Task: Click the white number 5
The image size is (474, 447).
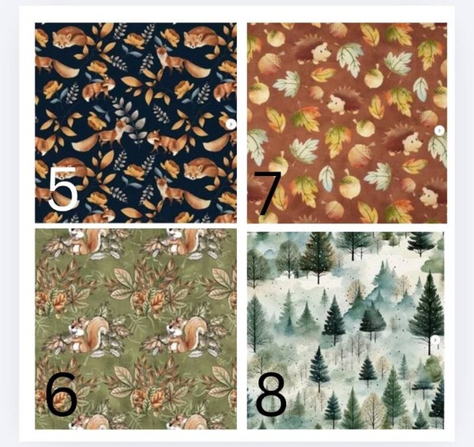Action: (x=63, y=188)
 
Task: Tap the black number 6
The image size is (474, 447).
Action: (x=62, y=394)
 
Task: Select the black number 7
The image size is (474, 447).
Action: (x=268, y=193)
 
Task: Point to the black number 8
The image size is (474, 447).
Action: (x=271, y=394)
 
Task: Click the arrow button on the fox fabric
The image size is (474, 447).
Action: (x=231, y=124)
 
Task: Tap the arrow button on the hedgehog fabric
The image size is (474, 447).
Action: (x=439, y=130)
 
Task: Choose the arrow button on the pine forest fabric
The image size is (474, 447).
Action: (x=435, y=340)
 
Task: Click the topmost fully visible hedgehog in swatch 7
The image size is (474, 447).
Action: (x=313, y=51)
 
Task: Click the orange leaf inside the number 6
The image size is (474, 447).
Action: (x=62, y=400)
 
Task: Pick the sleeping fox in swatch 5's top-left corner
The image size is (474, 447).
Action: (x=70, y=37)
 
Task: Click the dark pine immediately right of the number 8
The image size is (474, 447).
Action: (x=318, y=366)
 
